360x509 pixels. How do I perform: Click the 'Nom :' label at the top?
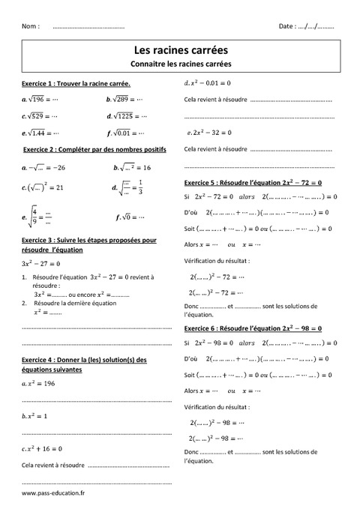point(31,26)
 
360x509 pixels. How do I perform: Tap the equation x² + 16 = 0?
point(43,448)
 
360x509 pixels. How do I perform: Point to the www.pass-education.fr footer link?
point(53,493)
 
